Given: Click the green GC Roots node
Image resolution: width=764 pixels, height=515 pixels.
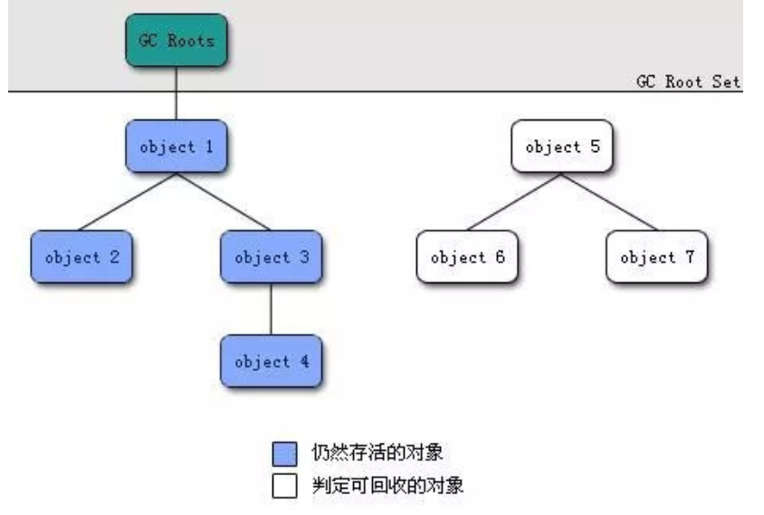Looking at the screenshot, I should pos(177,41).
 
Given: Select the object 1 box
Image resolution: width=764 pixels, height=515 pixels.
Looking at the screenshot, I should pos(177,146).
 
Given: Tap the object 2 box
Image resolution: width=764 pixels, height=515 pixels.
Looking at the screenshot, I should pos(81,257).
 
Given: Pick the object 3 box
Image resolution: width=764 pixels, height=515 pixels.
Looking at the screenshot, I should pos(272,257).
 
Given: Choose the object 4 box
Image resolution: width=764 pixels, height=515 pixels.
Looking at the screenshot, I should pos(272,361).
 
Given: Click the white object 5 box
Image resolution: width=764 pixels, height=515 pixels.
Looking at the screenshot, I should pos(562,146).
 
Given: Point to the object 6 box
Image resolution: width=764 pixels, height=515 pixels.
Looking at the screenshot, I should pos(467,257).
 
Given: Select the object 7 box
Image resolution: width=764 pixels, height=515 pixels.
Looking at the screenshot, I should pos(657,257).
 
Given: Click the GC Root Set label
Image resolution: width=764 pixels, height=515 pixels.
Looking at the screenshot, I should pos(688,81).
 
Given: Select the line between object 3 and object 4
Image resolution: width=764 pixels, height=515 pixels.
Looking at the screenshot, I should pos(272,310).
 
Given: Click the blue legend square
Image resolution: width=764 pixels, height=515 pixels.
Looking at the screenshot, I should pos(284,453).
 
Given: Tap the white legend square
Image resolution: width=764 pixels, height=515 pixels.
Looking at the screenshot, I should pos(284,486).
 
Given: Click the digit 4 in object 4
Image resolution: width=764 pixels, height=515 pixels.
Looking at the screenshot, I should pos(303,361).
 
